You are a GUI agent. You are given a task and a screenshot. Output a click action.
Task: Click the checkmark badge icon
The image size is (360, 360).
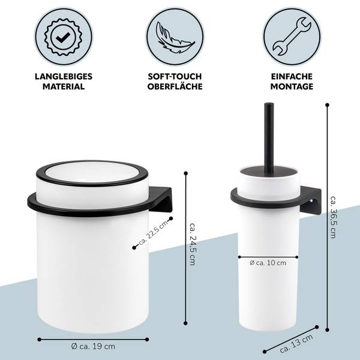(x=64, y=37)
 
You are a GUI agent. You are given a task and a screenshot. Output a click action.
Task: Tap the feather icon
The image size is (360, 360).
(x=175, y=37)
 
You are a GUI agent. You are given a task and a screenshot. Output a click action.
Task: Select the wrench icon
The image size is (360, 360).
(x=292, y=37)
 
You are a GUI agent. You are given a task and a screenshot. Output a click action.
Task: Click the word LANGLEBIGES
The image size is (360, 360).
(x=64, y=76)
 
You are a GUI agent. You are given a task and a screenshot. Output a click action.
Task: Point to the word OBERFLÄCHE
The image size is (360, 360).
(x=175, y=86)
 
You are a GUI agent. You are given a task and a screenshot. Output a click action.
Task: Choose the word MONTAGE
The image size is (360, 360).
(x=292, y=86)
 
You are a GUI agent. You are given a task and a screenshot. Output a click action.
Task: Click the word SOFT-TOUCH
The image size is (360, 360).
(x=175, y=76)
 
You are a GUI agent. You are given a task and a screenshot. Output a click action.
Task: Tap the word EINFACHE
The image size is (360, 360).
(x=292, y=76)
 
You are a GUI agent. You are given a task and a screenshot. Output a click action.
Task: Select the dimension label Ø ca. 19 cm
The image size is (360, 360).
(x=93, y=346)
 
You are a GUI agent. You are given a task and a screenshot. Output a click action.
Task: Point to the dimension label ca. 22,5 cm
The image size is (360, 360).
(x=154, y=233)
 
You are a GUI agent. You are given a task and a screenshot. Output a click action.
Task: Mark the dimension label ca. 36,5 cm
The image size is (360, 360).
(x=333, y=217)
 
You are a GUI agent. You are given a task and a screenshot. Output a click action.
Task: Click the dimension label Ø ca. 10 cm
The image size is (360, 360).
(x=268, y=263)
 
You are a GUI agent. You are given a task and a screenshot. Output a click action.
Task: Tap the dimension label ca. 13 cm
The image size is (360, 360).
(x=296, y=344)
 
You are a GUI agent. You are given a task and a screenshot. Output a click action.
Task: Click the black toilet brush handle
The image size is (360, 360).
(x=269, y=138)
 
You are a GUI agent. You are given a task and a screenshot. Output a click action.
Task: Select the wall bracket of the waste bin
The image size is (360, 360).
(x=161, y=199)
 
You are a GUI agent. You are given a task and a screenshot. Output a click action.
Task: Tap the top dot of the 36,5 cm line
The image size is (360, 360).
(x=328, y=105)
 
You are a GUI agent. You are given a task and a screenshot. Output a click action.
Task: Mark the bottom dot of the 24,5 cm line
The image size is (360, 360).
(x=186, y=323)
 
